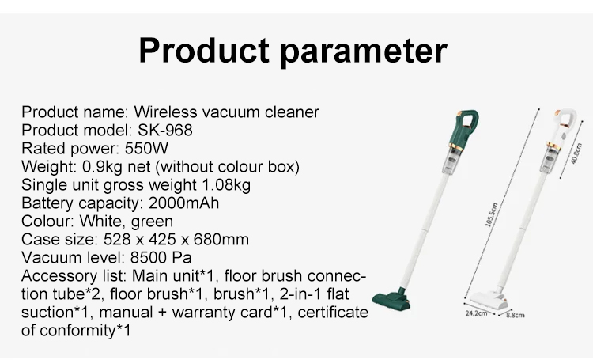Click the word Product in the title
coord(204,51)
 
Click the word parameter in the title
coord(364,53)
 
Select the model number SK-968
coord(165,131)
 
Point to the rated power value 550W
coord(146,149)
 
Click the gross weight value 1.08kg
coord(226,185)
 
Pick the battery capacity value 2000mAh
coord(183,203)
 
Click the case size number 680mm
coord(221,240)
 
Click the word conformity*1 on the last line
coord(85,331)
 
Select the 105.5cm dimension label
coord(492,214)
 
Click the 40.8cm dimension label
coord(576,153)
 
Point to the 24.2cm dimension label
coord(476,313)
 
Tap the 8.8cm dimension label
coord(515,315)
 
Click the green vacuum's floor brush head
coord(391,300)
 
